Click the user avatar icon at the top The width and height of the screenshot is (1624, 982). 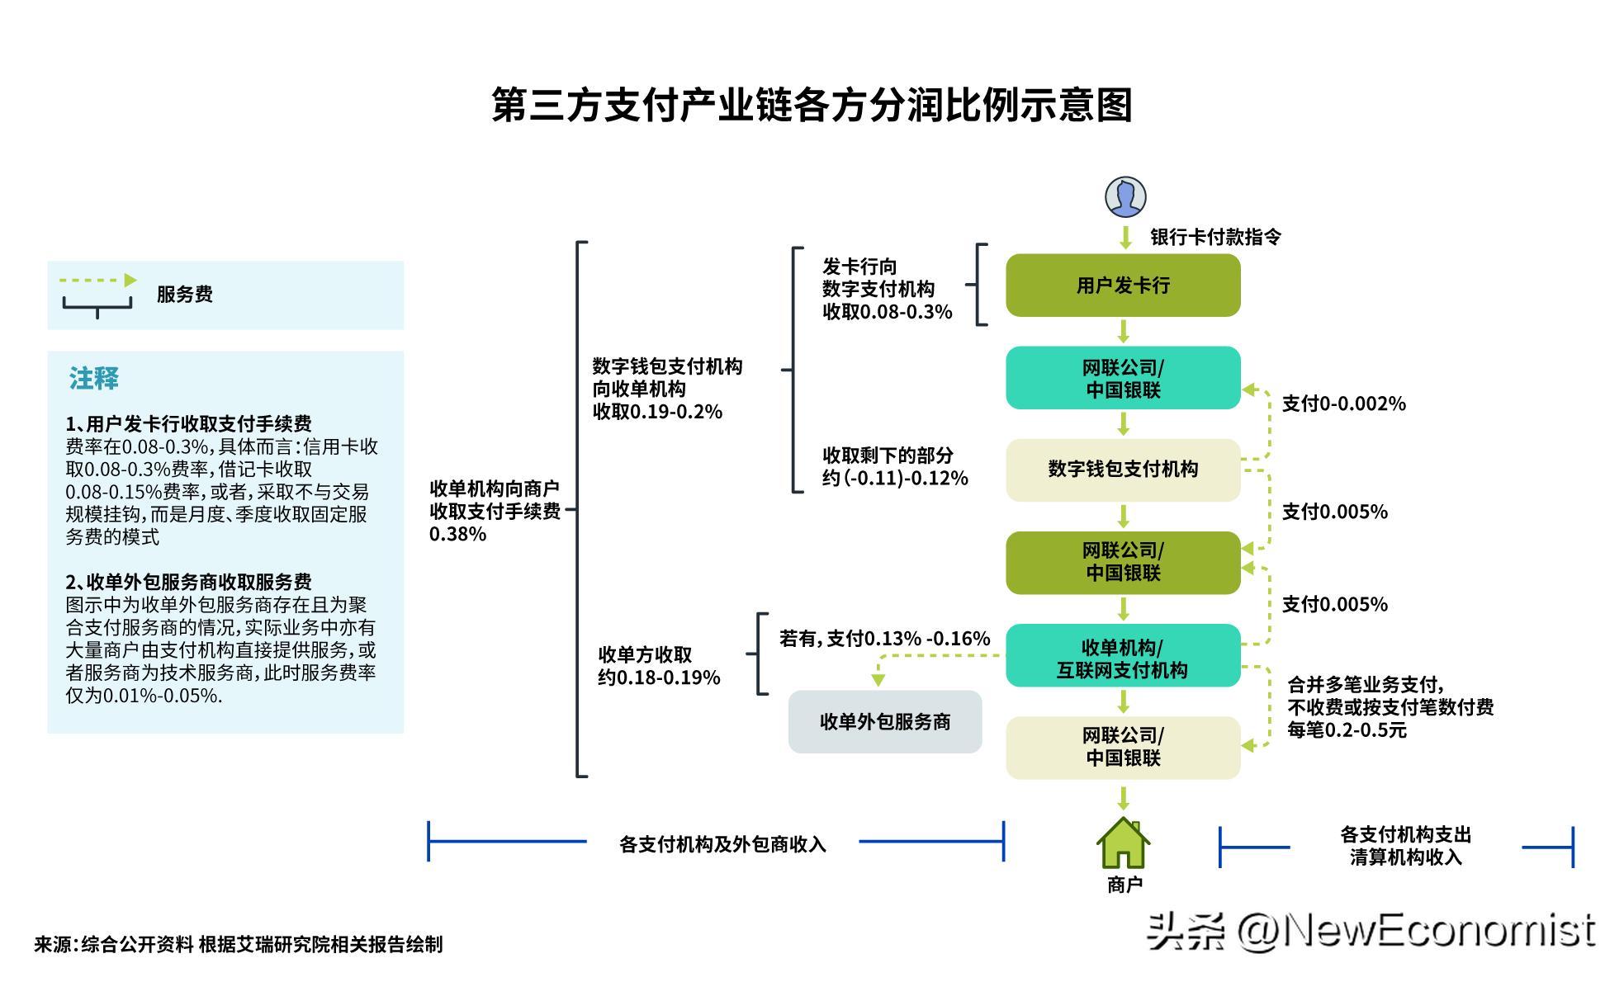[x=1124, y=197]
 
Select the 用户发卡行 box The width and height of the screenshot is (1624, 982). [x=1122, y=286]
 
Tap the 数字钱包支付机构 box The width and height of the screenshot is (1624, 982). [x=1122, y=470]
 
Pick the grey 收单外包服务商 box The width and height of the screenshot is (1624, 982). [x=884, y=722]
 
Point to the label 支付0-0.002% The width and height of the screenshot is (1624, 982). [x=1343, y=404]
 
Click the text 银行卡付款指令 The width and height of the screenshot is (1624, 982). [x=1215, y=238]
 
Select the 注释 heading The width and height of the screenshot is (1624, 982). [x=94, y=379]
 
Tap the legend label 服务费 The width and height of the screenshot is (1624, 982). [x=185, y=295]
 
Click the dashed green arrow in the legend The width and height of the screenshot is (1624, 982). [x=97, y=281]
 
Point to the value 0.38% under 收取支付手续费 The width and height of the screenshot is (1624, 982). [x=457, y=535]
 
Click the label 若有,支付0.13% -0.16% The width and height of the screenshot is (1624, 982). [x=884, y=639]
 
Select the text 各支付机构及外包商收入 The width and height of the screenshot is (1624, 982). [x=722, y=844]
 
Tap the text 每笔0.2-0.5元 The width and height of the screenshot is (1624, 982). [x=1347, y=730]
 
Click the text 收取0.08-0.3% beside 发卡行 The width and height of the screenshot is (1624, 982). [x=887, y=312]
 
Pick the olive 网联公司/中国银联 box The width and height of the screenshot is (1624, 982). [x=1122, y=563]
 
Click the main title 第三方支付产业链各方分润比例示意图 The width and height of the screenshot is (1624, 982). [x=812, y=106]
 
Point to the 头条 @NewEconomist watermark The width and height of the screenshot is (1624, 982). [x=1371, y=931]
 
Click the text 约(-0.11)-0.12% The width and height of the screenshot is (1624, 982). [x=894, y=479]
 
